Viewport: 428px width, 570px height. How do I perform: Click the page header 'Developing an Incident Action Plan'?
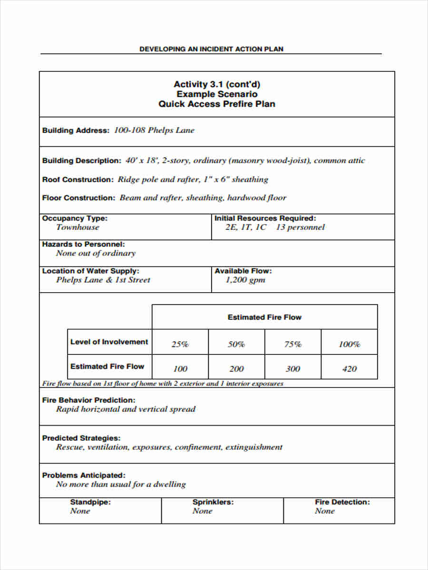coord(211,49)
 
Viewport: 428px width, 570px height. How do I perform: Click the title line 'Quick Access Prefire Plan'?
coord(217,104)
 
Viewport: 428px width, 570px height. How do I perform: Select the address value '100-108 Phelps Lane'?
coord(154,131)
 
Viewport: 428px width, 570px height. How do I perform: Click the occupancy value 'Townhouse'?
coord(78,227)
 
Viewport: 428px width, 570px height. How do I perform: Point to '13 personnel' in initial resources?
coord(300,227)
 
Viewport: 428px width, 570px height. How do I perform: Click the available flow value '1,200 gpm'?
coord(245,280)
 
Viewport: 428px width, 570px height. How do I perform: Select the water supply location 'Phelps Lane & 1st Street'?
coord(103,280)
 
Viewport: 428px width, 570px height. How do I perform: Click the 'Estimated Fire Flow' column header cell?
coord(264,317)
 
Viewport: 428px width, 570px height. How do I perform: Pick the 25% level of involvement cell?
coord(180,344)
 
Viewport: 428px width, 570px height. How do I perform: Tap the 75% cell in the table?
coord(292,344)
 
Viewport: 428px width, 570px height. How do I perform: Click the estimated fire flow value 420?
coord(349,369)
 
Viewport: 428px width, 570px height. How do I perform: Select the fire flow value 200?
coord(236,369)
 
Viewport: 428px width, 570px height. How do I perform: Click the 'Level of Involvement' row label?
coord(109,342)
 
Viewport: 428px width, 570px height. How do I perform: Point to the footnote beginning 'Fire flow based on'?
coord(163,383)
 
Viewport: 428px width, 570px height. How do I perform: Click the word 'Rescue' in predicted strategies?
coord(68,447)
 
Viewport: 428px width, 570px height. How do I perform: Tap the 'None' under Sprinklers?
coord(202,511)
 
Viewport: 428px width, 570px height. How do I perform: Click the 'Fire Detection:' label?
coord(342,502)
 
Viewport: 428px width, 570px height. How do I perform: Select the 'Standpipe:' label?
coord(90,502)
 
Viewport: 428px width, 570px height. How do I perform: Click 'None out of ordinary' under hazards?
coord(96,253)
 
